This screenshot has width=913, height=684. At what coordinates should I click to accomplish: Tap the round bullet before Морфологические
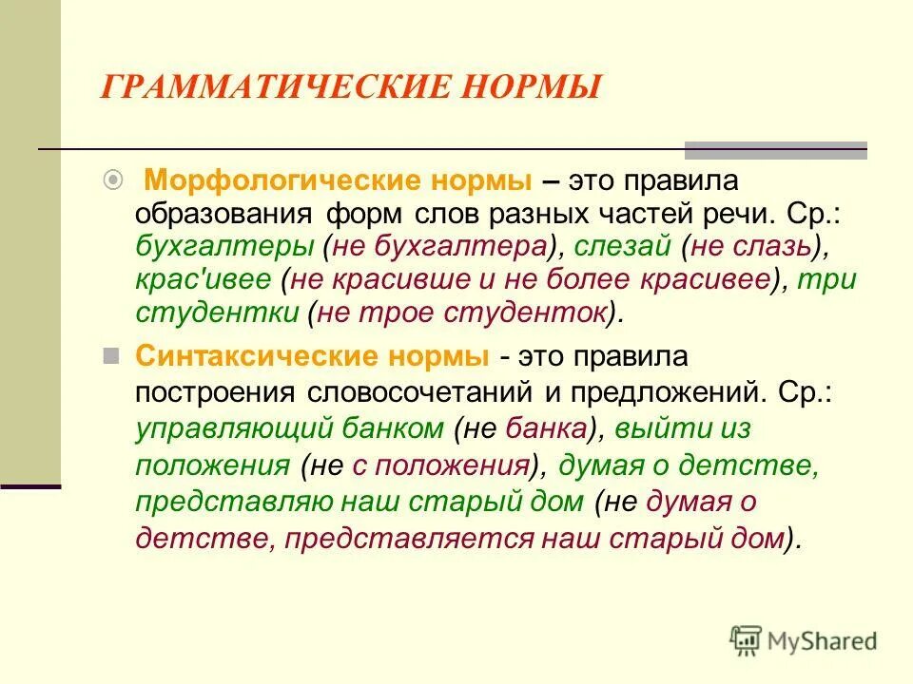[x=112, y=178]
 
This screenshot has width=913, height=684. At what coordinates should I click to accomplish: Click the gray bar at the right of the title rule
[x=776, y=149]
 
